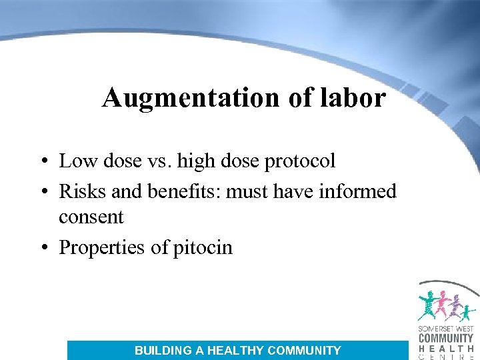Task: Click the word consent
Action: coord(91,217)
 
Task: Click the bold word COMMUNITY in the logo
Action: coord(446,338)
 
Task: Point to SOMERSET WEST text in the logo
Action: coord(445,329)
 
